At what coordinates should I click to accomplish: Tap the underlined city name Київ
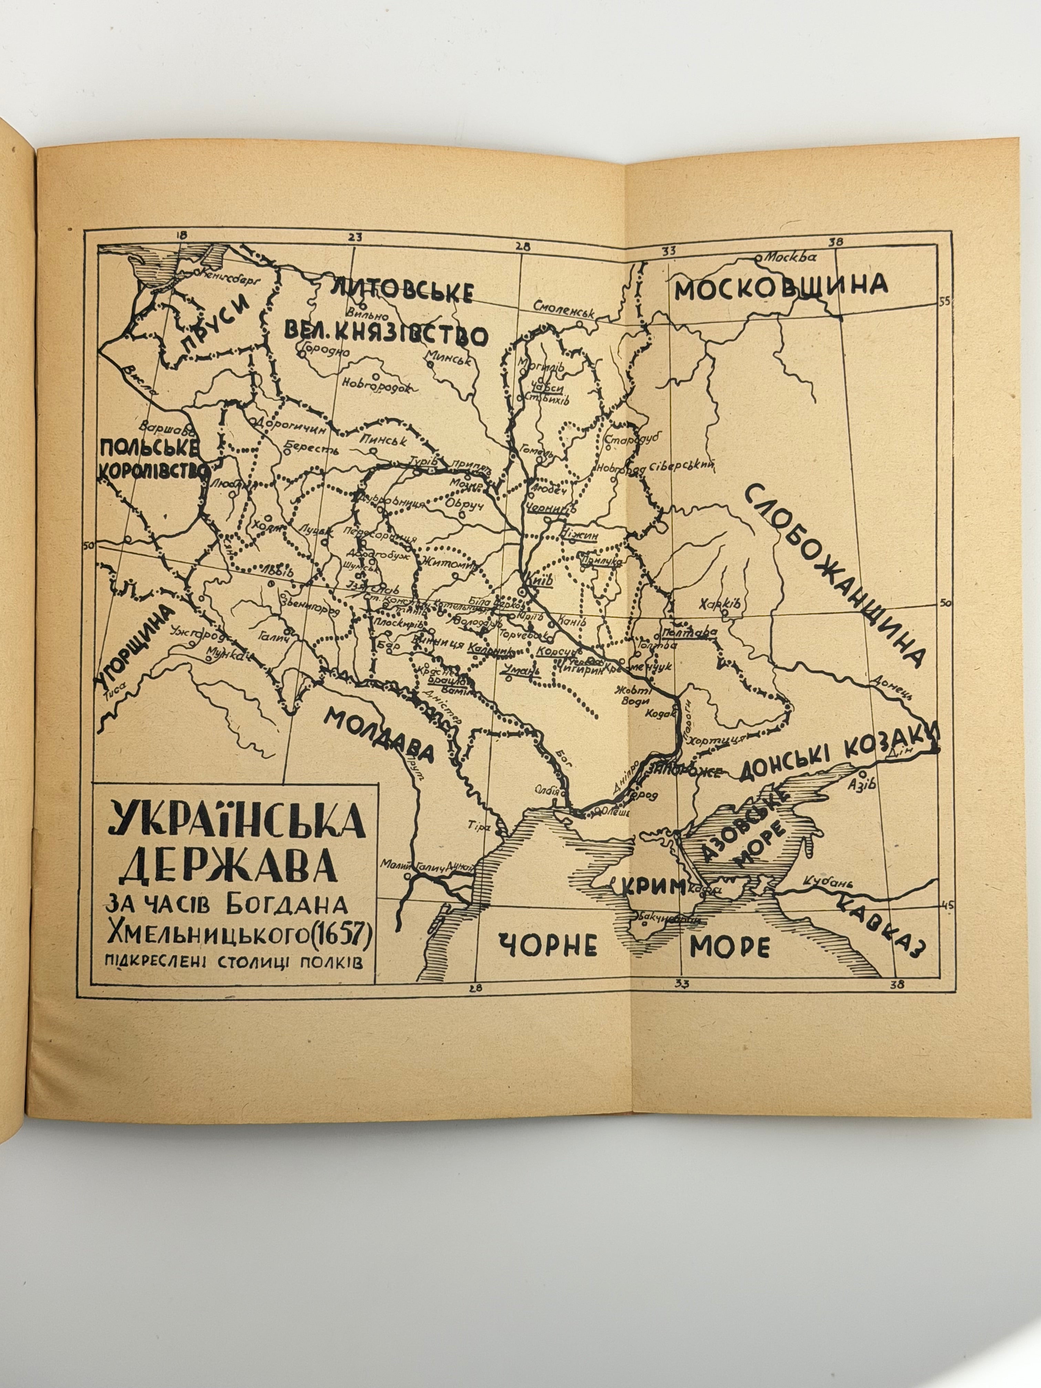(x=541, y=580)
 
